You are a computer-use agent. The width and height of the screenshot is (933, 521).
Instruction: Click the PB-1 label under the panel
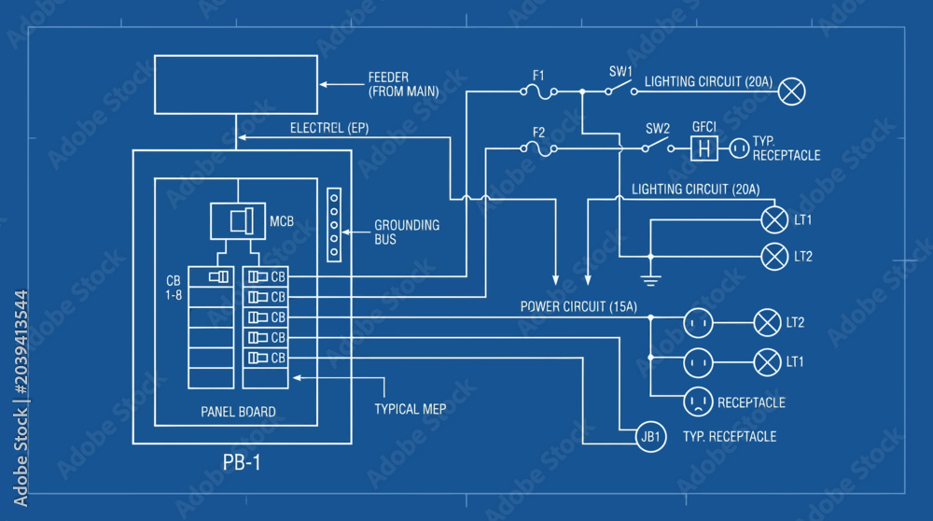(242, 463)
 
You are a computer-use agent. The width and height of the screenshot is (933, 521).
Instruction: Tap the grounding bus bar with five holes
(334, 225)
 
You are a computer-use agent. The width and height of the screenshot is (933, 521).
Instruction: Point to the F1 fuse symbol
(538, 92)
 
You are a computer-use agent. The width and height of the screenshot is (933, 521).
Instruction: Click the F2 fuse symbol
(538, 148)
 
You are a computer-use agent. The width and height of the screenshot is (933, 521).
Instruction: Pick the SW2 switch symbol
(658, 146)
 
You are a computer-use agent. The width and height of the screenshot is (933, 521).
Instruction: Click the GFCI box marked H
(703, 148)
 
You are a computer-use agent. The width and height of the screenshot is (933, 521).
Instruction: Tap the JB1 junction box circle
(650, 436)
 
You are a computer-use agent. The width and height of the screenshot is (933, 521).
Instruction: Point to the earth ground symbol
(650, 279)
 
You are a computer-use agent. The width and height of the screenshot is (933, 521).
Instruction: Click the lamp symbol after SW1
(791, 92)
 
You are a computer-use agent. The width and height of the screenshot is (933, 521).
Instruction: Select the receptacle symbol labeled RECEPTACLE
(698, 401)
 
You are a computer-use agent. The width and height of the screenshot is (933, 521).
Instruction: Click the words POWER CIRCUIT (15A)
(578, 306)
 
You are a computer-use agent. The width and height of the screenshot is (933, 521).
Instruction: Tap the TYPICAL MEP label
(410, 409)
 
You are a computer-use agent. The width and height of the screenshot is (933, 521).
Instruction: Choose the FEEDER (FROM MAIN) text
(403, 85)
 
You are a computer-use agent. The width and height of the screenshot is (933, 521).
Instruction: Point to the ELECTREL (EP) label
(329, 128)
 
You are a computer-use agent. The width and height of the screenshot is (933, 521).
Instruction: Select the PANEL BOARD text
(238, 412)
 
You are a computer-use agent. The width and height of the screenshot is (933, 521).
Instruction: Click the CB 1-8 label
(174, 288)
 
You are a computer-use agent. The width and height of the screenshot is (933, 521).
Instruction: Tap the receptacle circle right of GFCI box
(739, 148)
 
